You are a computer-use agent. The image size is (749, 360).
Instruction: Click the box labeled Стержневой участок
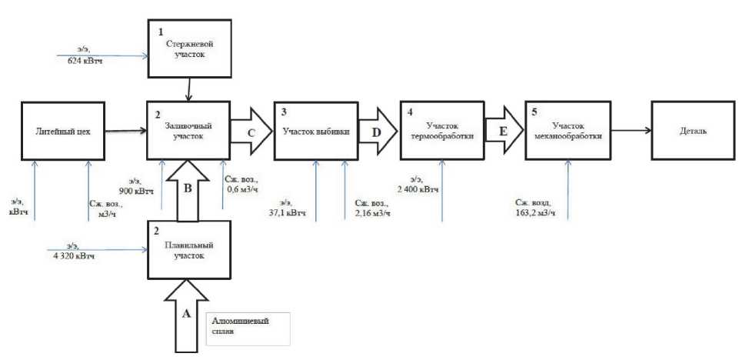tap(188, 48)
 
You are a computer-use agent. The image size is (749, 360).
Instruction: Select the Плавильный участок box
tap(188, 250)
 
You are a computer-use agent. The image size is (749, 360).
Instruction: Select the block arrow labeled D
tap(377, 130)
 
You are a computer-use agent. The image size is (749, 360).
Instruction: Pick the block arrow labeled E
tap(504, 130)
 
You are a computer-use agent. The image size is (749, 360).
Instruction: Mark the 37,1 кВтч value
tap(288, 212)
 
